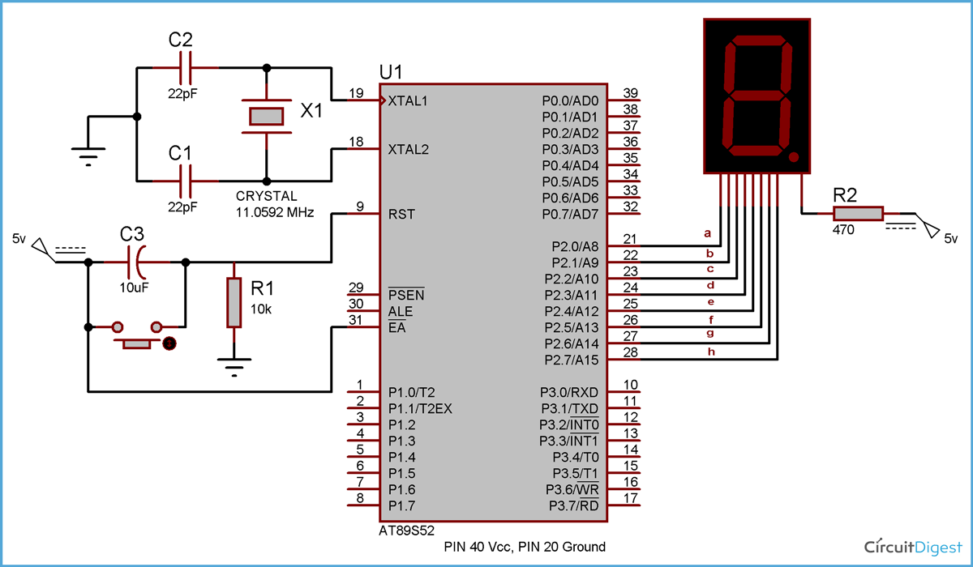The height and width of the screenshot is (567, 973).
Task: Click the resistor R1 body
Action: pyautogui.click(x=234, y=301)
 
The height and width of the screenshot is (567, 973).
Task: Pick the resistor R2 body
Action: pyautogui.click(x=858, y=213)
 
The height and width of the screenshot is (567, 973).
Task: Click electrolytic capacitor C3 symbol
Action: pyautogui.click(x=136, y=262)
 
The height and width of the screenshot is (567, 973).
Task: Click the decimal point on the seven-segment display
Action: pyautogui.click(x=795, y=156)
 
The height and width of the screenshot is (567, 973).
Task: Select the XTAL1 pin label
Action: pyautogui.click(x=407, y=101)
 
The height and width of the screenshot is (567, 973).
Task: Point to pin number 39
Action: pyautogui.click(x=630, y=93)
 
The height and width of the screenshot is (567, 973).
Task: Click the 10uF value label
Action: pyautogui.click(x=135, y=286)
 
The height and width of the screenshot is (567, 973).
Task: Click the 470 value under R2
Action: pyautogui.click(x=842, y=230)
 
